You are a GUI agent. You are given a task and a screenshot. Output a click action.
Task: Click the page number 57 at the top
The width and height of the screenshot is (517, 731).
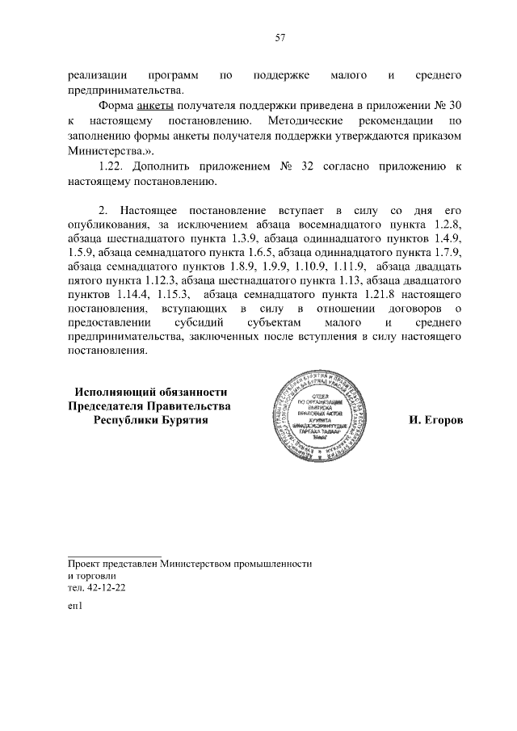point(280,38)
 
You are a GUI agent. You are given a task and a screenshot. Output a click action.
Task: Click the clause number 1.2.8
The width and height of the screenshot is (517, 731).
point(443,229)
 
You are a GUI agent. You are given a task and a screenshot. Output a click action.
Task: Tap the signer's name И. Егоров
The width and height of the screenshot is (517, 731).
point(436,422)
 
